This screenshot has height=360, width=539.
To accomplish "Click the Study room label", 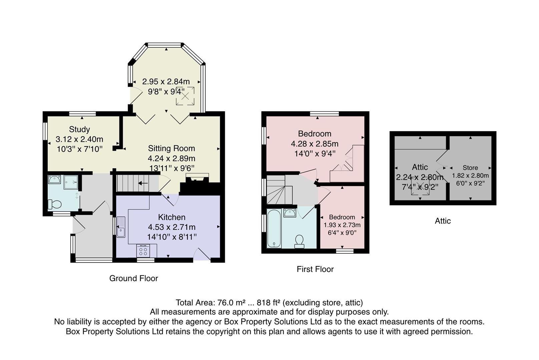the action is tap(79, 129).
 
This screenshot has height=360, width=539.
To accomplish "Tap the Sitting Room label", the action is tap(171, 148).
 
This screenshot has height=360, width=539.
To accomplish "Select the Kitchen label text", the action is tap(171, 217).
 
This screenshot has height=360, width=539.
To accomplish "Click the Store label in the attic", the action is tap(470, 168).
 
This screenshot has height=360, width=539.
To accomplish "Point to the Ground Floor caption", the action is tap(133, 278).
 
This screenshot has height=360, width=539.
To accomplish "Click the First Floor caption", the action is tap(315, 269).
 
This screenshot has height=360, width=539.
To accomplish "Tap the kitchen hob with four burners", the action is tap(143, 251).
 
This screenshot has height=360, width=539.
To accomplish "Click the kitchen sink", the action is tap(121, 227).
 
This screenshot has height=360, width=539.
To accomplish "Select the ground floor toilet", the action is tap(55, 204).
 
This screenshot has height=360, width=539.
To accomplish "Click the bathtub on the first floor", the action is tap(274, 228).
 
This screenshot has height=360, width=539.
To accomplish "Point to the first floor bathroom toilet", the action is tap(299, 241).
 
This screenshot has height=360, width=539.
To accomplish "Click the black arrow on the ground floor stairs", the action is tap(143, 183).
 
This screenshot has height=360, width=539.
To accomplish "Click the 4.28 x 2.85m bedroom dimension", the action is tap(315, 144).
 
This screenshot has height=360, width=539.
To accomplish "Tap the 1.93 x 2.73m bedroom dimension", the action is tap(342, 225).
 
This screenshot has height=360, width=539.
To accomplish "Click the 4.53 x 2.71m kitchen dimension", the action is tap(171, 227).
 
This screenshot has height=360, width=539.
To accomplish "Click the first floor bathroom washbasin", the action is tap(290, 213).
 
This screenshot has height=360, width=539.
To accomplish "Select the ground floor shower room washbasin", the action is tap(55, 179).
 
